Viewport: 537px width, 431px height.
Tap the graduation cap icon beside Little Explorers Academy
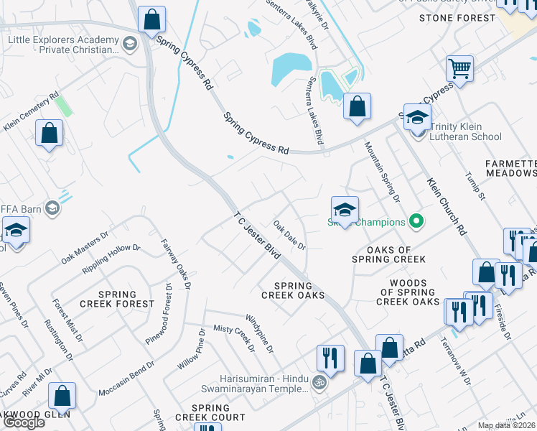pyautogui.click(x=129, y=45)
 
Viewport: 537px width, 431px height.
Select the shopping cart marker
pyautogui.click(x=459, y=70)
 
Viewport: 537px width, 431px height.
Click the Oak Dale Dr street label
pyautogui.click(x=290, y=235)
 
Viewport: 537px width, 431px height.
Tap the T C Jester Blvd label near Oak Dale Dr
pyautogui.click(x=256, y=236)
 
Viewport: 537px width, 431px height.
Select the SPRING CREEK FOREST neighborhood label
pyautogui.click(x=117, y=299)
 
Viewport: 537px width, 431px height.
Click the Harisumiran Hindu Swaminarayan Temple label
pyautogui.click(x=261, y=384)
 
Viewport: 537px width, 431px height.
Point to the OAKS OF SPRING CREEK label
pyautogui.click(x=388, y=254)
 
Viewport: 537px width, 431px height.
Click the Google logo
pyautogui.click(x=23, y=422)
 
